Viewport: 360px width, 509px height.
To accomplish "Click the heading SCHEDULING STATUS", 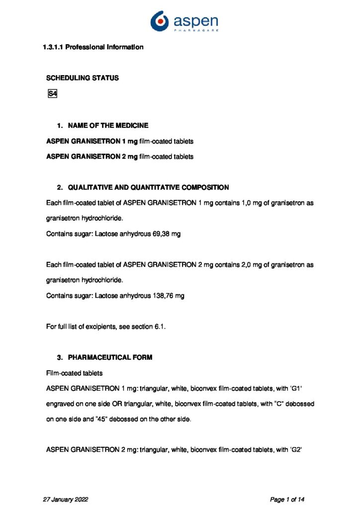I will click(x=83, y=78).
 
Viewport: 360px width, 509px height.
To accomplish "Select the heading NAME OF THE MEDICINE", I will click(x=108, y=125).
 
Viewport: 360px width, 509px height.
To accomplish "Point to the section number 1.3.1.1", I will click(x=53, y=47).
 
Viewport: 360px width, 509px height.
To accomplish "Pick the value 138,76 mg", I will click(x=168, y=296).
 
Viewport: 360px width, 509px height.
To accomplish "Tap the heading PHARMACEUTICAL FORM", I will click(x=110, y=357).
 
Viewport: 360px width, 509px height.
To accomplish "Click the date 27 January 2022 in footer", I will click(x=67, y=499).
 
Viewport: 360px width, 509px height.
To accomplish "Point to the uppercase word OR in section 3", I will click(x=133, y=404).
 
